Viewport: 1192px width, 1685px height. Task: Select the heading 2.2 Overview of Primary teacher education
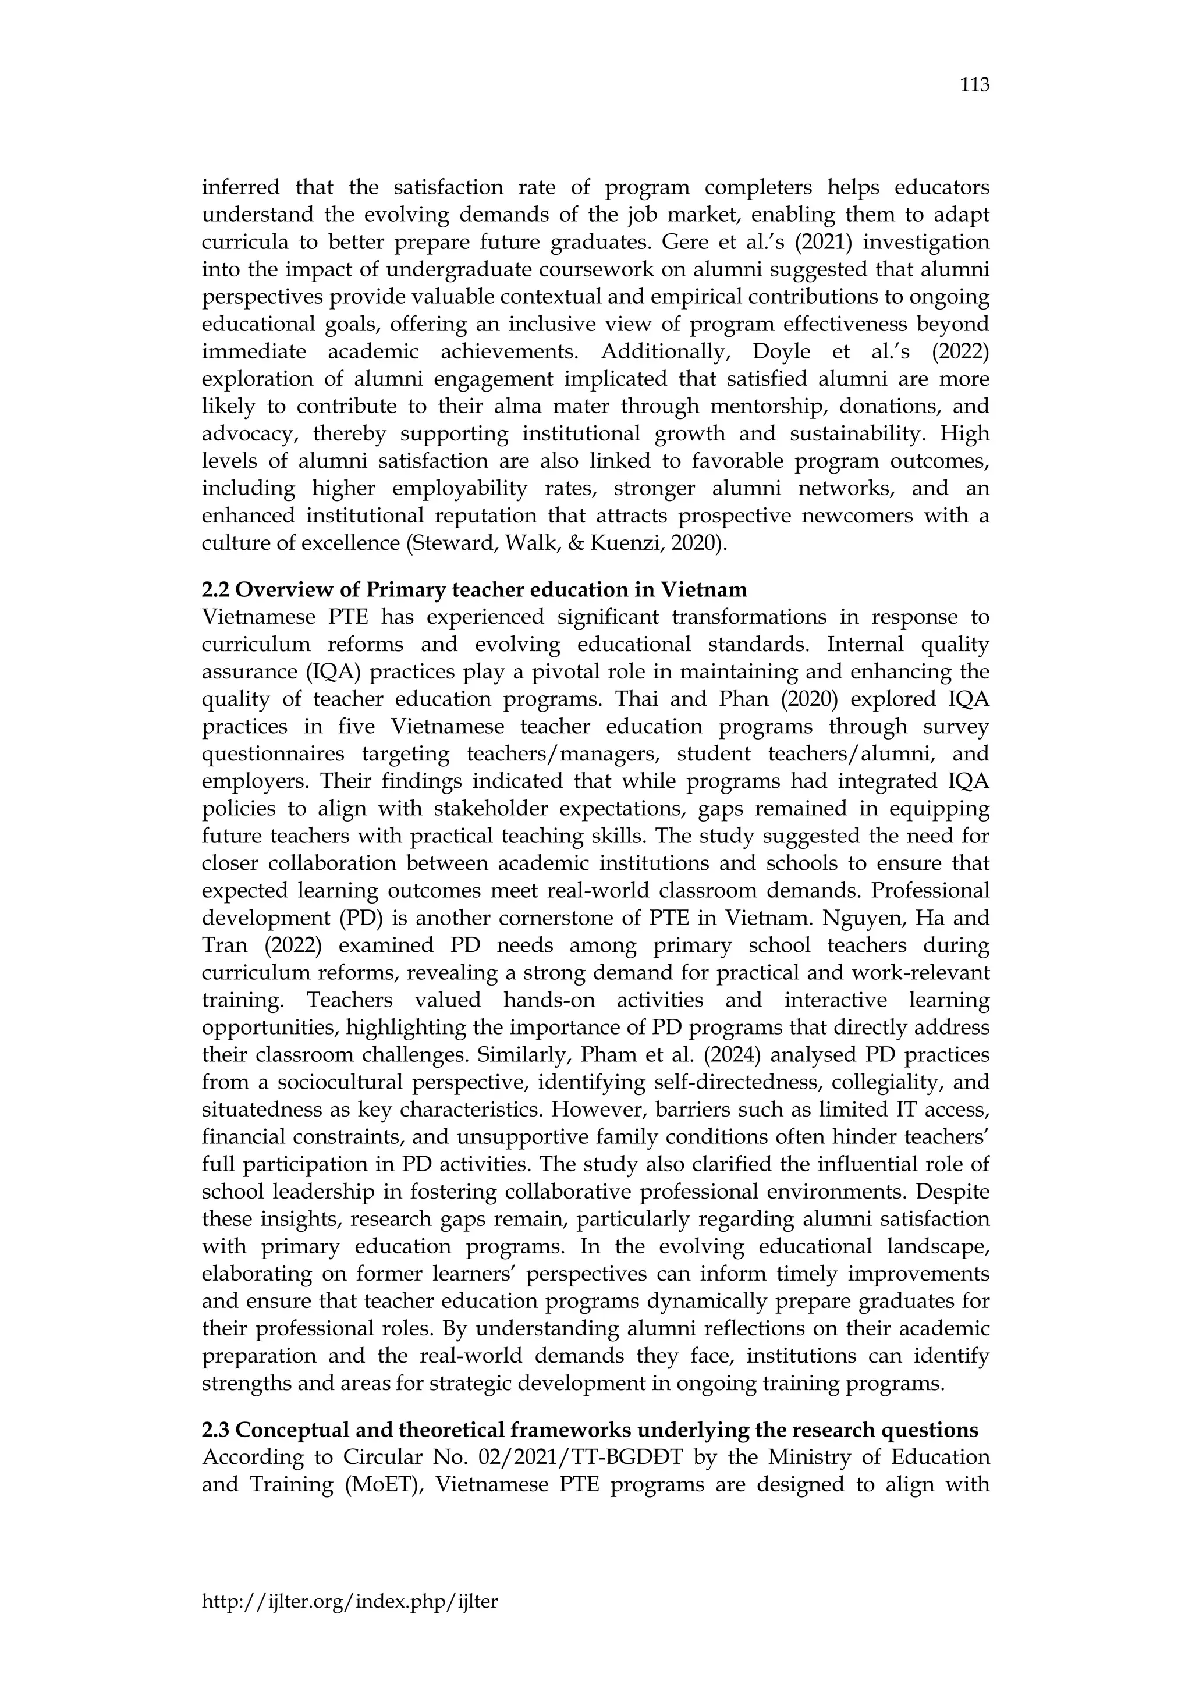tap(474, 589)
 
